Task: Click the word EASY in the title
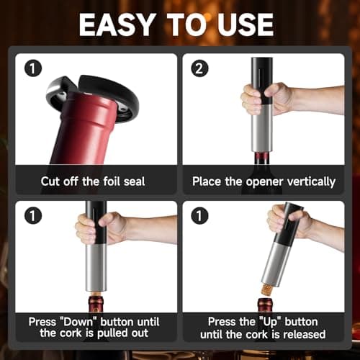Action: pos(117,24)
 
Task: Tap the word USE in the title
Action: pos(246,24)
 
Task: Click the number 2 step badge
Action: pos(199,68)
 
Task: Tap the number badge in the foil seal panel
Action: pos(33,68)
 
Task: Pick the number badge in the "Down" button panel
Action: pos(33,215)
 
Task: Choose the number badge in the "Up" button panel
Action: pos(199,215)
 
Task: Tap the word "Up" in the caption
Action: pos(269,322)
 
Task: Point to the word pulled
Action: pos(113,333)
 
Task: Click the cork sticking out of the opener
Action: pos(267,290)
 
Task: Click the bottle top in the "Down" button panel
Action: pos(96,304)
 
